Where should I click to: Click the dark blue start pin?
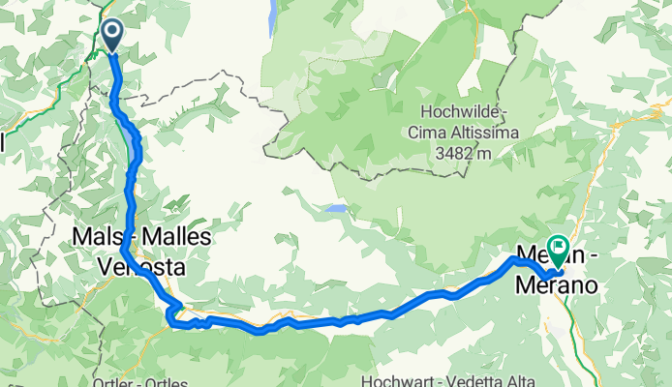112,35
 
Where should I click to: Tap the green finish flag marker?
558,249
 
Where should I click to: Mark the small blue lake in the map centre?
335,208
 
